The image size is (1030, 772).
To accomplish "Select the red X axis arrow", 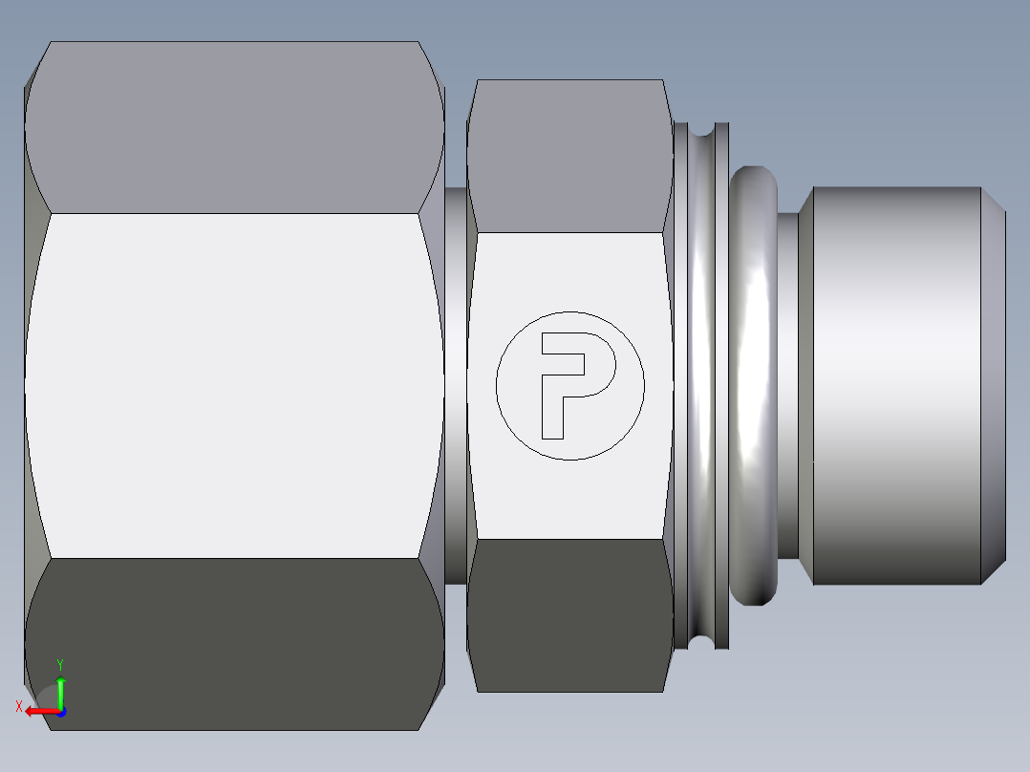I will [40, 712].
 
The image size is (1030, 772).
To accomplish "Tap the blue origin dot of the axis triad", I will [60, 712].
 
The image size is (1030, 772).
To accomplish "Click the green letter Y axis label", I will [59, 664].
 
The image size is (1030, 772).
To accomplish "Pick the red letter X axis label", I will [18, 707].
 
